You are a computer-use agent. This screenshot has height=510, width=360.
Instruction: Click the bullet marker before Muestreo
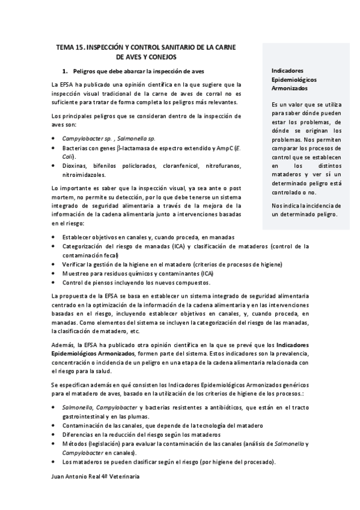tap(55, 273)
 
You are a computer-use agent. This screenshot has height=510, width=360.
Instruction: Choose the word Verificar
tap(75, 264)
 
